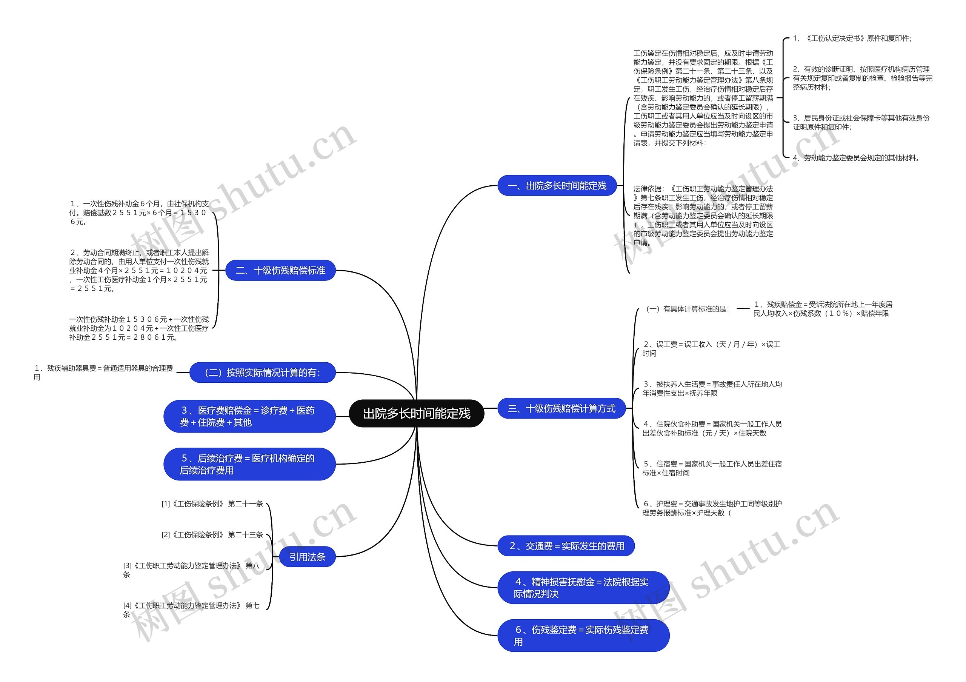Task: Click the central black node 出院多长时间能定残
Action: click(417, 414)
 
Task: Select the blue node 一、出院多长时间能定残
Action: click(557, 186)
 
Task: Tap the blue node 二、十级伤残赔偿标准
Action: click(280, 271)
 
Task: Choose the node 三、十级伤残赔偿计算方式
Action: click(561, 408)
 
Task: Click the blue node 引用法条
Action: click(307, 557)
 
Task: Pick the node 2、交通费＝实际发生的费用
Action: click(566, 546)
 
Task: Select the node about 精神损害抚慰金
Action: click(583, 588)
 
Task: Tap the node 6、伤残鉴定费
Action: click(583, 636)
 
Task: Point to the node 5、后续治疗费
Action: click(249, 465)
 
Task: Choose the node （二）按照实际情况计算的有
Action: click(263, 373)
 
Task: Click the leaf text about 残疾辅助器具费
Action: click(103, 373)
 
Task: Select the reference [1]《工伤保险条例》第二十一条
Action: click(212, 504)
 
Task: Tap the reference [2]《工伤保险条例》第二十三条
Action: click(212, 535)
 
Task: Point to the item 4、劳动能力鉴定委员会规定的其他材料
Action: click(857, 158)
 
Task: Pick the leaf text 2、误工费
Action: click(711, 349)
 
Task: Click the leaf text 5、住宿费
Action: click(712, 468)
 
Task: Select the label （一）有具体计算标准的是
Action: click(688, 309)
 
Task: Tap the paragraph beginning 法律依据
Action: click(703, 216)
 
